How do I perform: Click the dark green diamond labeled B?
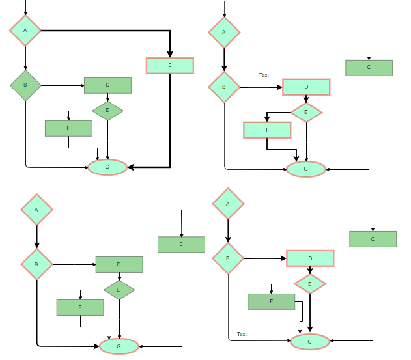click(x=25, y=85)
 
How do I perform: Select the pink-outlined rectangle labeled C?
click(x=170, y=65)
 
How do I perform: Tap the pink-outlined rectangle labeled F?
click(x=267, y=130)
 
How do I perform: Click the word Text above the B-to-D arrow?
click(x=264, y=75)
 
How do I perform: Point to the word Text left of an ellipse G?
click(x=242, y=334)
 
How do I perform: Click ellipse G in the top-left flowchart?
click(x=107, y=167)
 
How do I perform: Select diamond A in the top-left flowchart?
click(x=25, y=30)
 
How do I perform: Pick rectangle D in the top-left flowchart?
click(x=107, y=85)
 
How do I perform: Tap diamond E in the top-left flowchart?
click(x=107, y=110)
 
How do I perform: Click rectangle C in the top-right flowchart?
click(x=369, y=68)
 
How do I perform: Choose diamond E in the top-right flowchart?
click(x=306, y=112)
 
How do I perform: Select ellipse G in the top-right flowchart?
click(x=306, y=169)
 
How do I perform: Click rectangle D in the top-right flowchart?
click(x=306, y=87)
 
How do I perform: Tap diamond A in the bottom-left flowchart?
click(x=36, y=210)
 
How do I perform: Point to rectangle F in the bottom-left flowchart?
click(x=80, y=307)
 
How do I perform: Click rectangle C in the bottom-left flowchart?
click(x=181, y=244)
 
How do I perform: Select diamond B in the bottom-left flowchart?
click(x=36, y=264)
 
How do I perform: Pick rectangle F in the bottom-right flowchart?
click(x=272, y=301)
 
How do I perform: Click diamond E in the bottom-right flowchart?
click(x=310, y=283)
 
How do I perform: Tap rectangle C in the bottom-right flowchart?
click(x=373, y=239)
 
